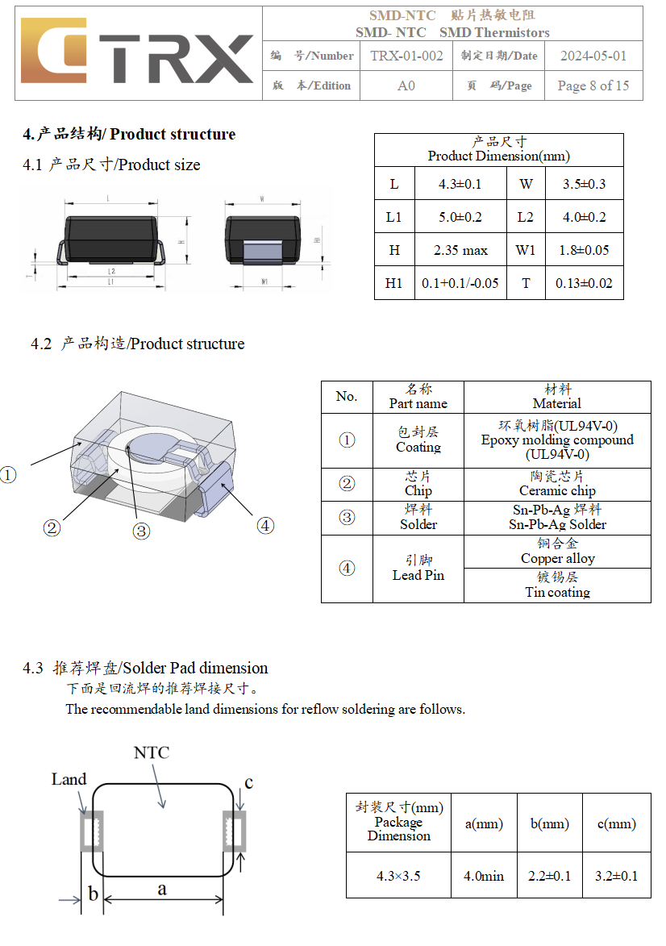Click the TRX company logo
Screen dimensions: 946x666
(x=137, y=53)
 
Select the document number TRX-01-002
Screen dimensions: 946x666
(x=406, y=56)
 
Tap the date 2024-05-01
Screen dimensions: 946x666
(x=593, y=56)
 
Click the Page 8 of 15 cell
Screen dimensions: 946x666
(x=593, y=85)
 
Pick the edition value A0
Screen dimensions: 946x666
(x=406, y=85)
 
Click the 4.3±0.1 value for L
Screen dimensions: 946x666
(x=460, y=184)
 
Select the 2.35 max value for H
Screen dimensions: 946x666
(x=460, y=250)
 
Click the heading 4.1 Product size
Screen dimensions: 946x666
(x=111, y=165)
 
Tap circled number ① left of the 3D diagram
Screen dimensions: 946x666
(x=8, y=475)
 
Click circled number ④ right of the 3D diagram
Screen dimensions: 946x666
(x=265, y=526)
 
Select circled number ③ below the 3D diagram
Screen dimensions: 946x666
(x=141, y=531)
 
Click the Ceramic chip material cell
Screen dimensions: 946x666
(x=557, y=484)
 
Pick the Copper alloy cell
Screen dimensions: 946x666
(x=557, y=552)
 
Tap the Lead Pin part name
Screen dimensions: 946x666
(x=418, y=569)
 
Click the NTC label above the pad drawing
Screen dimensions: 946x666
(x=152, y=752)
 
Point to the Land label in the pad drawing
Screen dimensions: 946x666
(x=69, y=779)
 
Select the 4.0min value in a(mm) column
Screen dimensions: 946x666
(x=484, y=875)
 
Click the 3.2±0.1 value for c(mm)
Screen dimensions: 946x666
(x=616, y=875)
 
